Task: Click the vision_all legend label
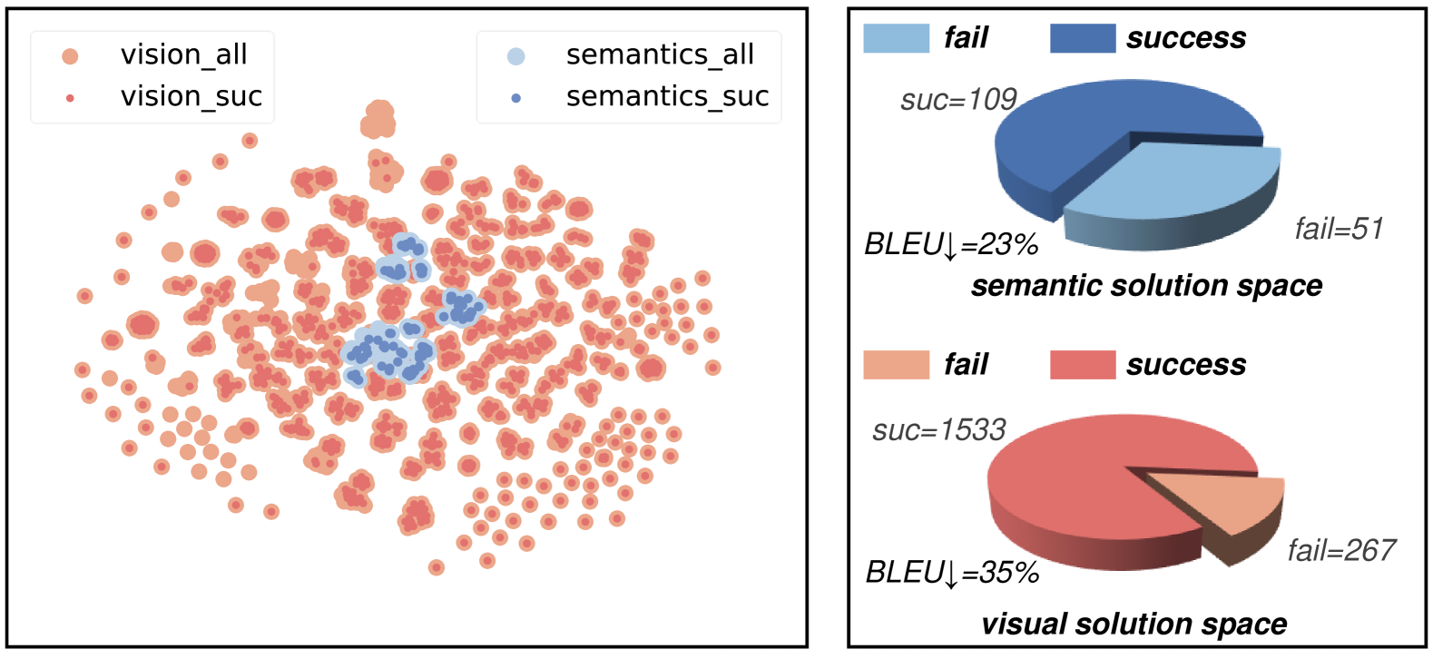click(x=183, y=54)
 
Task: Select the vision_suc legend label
click(x=191, y=96)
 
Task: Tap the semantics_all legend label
click(x=660, y=54)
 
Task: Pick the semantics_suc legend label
click(x=667, y=96)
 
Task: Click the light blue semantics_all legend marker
click(x=515, y=56)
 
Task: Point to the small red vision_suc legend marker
click(x=70, y=98)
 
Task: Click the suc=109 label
click(x=958, y=99)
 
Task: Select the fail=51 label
click(x=1339, y=229)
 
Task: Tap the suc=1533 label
click(x=939, y=429)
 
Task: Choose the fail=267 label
click(x=1341, y=550)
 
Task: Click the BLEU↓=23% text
click(x=951, y=245)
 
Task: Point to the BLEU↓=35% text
click(x=952, y=573)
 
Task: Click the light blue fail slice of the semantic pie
click(x=1180, y=186)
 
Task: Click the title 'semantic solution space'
click(x=1146, y=286)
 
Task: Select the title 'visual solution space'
click(x=1134, y=625)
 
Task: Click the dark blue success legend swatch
click(x=1082, y=38)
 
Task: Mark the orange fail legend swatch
click(x=896, y=365)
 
